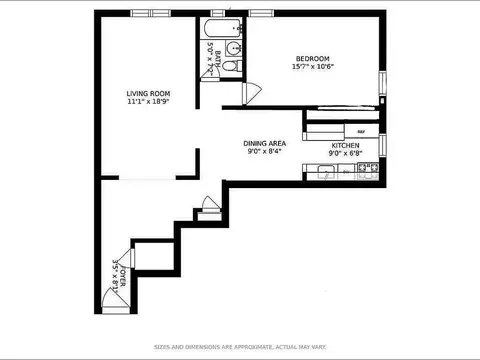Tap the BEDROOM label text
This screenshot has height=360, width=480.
click(313, 57)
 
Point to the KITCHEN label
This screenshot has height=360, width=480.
click(346, 144)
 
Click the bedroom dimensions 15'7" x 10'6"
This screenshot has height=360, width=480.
click(313, 67)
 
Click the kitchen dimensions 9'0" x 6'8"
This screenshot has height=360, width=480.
click(346, 153)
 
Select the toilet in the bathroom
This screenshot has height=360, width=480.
click(230, 66)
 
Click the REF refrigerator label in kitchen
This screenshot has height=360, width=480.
click(360, 131)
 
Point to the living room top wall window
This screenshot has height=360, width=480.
click(146, 12)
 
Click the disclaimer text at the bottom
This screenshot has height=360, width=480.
click(239, 347)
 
